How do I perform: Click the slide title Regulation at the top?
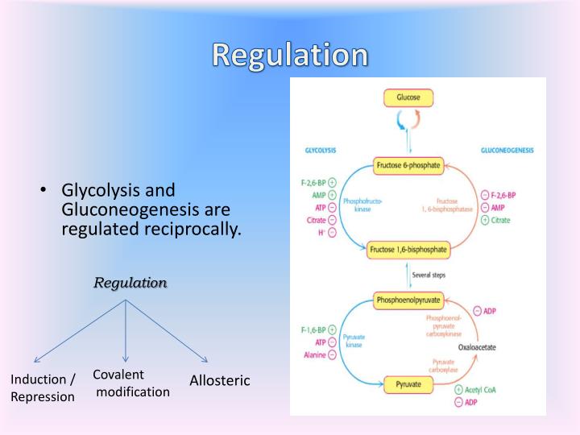point(290,54)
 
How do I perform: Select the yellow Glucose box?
point(408,97)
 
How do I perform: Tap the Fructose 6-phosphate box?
point(408,166)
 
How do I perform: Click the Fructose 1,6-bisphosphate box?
point(408,250)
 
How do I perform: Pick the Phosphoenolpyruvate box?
point(408,300)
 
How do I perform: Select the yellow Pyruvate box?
point(408,384)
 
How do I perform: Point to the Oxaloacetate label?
point(477,346)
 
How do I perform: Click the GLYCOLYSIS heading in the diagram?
point(320,151)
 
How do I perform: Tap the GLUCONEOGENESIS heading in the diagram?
point(507,151)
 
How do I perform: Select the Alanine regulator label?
point(315,355)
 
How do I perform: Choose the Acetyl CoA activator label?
point(483,390)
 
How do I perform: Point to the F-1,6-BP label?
point(313,330)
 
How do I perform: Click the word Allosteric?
point(220,380)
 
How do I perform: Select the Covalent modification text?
point(130,383)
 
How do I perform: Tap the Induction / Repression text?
point(43,387)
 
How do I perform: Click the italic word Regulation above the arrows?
point(130,283)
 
